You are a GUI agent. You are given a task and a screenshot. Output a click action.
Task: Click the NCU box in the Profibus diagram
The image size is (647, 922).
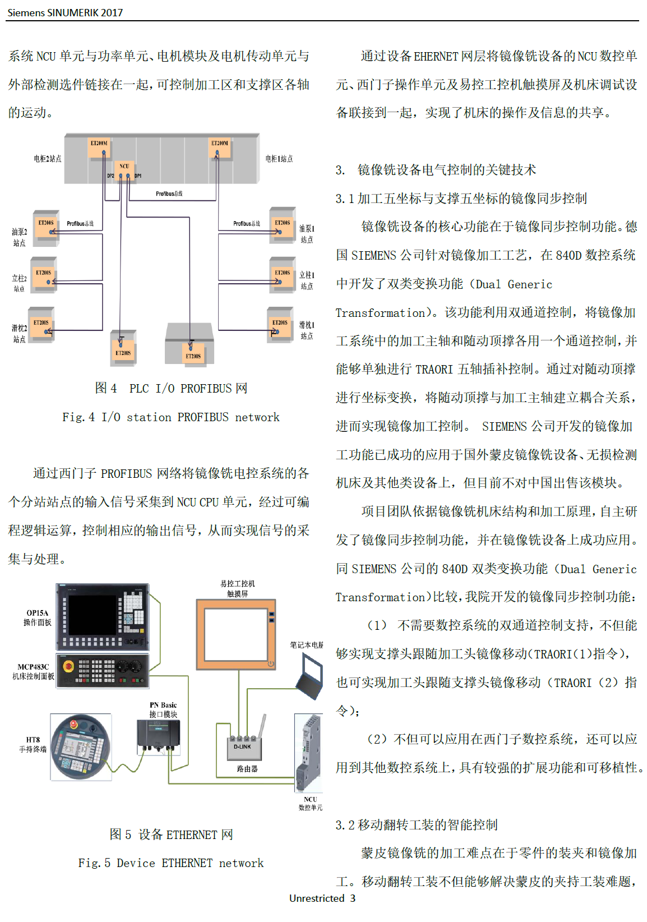point(124,170)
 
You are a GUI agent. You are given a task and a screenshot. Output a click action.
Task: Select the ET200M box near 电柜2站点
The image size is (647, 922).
point(99,147)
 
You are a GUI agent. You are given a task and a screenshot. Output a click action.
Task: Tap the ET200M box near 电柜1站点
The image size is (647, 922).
point(219,147)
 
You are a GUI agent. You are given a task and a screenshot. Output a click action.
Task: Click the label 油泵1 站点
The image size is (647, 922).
point(307,234)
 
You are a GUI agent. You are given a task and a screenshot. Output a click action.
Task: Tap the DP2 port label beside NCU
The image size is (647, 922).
point(110,176)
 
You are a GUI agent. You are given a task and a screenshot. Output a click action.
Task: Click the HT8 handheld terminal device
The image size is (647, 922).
point(81,747)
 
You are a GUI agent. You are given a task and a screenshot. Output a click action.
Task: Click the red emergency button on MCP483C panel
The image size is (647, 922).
point(68,666)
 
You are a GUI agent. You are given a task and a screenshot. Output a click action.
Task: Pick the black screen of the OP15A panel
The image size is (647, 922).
point(92,615)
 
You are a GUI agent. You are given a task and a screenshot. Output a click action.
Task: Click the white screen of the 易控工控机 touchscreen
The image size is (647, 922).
point(236,634)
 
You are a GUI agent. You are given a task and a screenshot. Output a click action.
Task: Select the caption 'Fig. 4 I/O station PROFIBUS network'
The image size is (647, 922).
point(171,417)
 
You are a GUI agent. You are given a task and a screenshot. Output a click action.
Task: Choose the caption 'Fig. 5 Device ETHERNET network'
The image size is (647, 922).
point(171,863)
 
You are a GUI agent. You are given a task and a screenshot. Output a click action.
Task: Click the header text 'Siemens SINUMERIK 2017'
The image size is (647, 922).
point(65,12)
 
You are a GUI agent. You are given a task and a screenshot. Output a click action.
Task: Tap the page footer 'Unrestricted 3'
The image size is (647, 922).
point(322,898)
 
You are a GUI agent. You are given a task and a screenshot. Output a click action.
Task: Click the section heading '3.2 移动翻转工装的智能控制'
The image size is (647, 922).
point(417,824)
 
